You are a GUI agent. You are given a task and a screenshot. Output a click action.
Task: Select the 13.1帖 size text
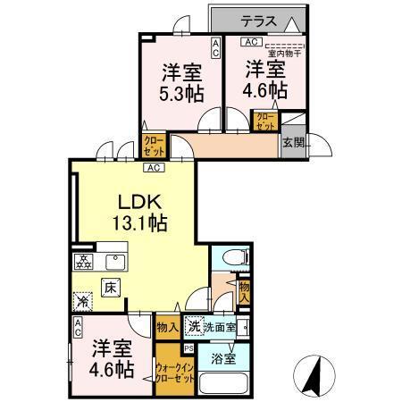tap(135, 223)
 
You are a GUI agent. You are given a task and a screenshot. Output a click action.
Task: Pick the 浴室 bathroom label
tap(223, 359)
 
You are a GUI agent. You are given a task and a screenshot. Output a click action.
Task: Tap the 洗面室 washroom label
tap(220, 328)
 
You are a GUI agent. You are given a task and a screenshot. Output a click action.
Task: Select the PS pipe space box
tap(188, 348)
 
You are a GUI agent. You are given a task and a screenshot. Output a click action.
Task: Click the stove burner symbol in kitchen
tap(83, 262)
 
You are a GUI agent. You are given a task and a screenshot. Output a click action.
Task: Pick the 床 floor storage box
tap(109, 288)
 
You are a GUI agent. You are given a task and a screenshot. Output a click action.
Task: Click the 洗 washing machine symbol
tap(193, 327)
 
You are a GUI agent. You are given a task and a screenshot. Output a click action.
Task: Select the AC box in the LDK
tap(153, 167)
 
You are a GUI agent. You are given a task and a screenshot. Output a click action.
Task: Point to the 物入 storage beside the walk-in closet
tap(166, 327)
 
